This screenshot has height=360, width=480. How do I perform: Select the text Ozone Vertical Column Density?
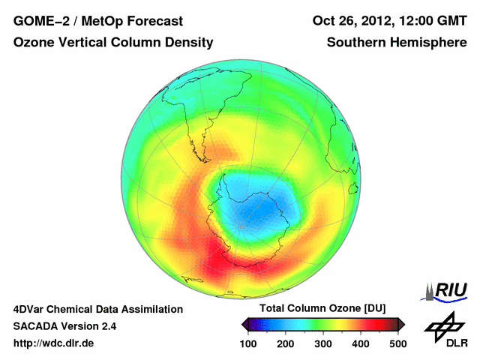click(113, 43)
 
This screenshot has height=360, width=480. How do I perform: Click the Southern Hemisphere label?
click(397, 43)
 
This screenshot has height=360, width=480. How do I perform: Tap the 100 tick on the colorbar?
click(249, 343)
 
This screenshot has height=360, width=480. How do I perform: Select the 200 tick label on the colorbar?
click(286, 343)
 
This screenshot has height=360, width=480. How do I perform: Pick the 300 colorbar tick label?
click(323, 343)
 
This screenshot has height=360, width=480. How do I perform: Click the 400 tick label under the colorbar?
click(361, 343)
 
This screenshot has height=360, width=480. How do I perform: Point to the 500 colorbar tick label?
click(397, 343)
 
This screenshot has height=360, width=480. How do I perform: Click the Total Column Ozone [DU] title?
click(323, 308)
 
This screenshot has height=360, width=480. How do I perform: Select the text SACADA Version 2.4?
click(64, 326)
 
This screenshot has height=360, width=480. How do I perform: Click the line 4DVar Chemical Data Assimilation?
click(98, 309)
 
